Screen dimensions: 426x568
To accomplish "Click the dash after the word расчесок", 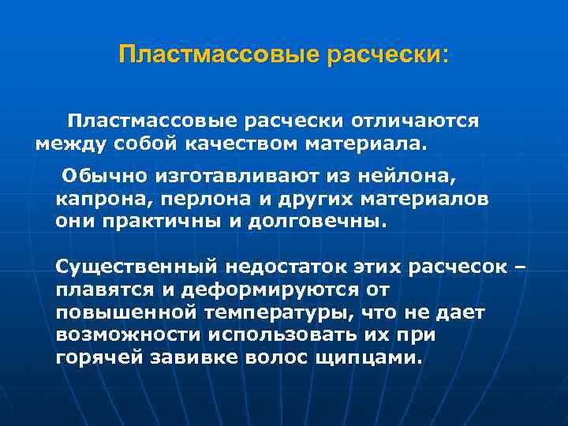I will coord(518,266).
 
